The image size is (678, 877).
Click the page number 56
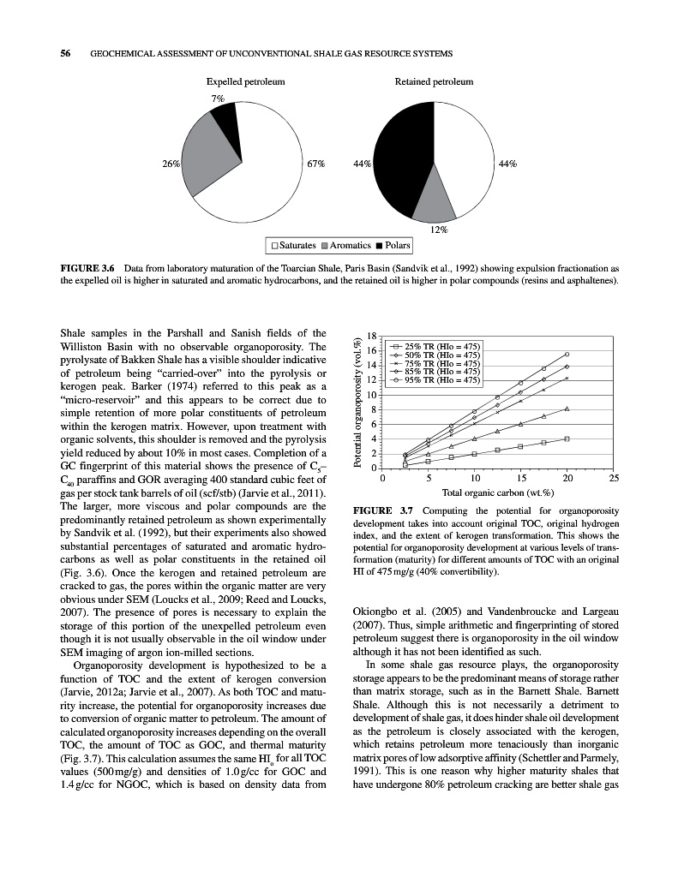(64, 54)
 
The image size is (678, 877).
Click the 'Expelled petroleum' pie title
(245, 82)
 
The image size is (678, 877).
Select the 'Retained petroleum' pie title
(434, 82)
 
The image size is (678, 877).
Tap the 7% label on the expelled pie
(218, 98)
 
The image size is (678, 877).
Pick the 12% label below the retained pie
(439, 230)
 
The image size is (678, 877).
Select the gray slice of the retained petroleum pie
(437, 204)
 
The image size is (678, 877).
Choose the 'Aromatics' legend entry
(346, 246)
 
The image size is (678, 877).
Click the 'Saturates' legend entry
(294, 246)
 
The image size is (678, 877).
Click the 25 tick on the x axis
(612, 478)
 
